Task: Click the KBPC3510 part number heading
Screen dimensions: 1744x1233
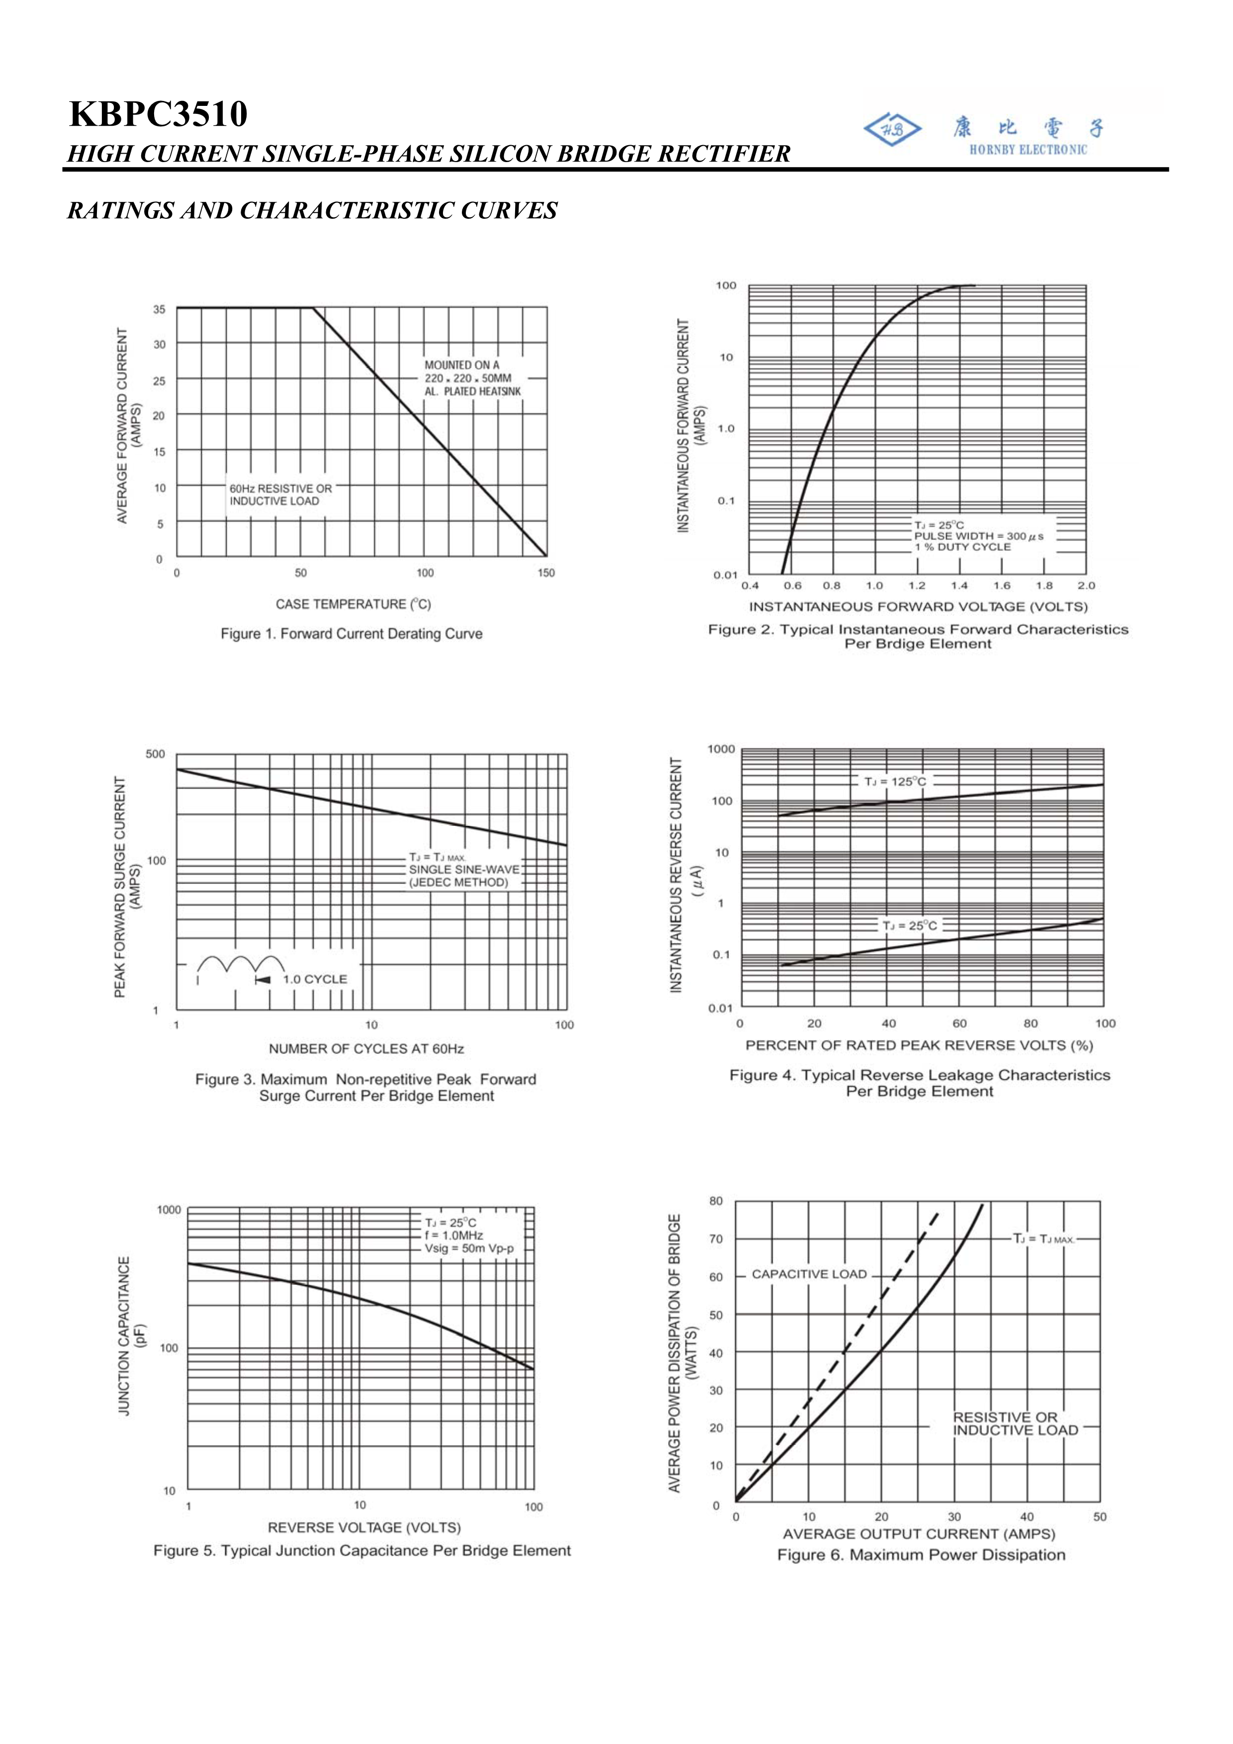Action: (158, 114)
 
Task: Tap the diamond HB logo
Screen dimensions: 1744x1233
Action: (892, 129)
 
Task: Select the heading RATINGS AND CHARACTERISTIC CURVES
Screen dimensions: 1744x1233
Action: (312, 210)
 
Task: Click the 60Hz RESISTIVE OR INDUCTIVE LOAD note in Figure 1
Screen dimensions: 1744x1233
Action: (280, 495)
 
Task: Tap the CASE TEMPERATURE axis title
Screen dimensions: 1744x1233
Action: (353, 604)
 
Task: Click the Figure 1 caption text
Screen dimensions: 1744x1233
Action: (351, 633)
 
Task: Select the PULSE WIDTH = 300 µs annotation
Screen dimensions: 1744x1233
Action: (978, 535)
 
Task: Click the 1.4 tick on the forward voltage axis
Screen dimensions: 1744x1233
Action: (959, 586)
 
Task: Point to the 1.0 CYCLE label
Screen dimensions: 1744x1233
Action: (315, 979)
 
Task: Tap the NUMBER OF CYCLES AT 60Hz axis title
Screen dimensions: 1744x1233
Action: (366, 1049)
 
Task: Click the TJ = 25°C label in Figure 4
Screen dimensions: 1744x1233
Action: (909, 925)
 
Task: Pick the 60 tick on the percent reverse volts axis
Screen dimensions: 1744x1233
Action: (960, 1023)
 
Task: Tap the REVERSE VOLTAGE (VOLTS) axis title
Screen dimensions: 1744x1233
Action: (364, 1528)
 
